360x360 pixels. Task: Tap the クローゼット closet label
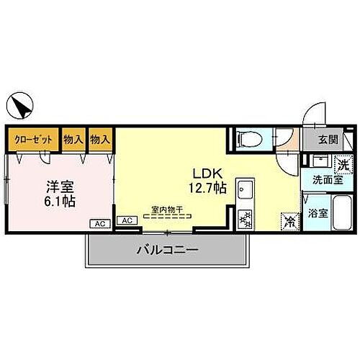(33, 140)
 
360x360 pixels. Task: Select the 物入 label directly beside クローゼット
(73, 140)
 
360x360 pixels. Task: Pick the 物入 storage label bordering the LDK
(100, 140)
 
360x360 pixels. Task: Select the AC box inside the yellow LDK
(126, 221)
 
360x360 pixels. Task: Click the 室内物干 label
(166, 210)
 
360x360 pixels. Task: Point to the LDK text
(204, 174)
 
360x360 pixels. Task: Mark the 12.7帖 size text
(206, 189)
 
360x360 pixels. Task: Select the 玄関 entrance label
(328, 140)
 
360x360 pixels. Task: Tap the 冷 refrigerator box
(289, 221)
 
